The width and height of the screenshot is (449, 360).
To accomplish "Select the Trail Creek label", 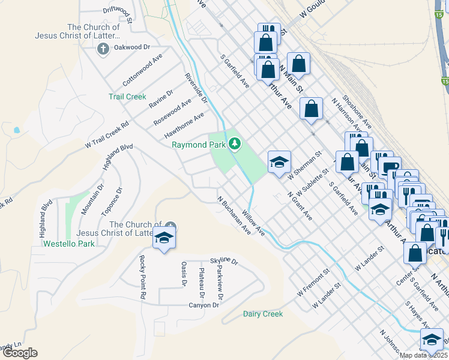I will (x=127, y=97).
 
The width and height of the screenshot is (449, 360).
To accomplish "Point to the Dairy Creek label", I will (x=263, y=314).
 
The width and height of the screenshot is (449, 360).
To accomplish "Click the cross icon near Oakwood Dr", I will (x=103, y=48).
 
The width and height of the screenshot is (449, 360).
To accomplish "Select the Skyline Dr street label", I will (x=224, y=262).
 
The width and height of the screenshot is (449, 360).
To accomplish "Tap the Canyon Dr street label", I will (x=204, y=305).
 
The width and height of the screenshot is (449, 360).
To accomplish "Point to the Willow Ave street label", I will (x=253, y=222).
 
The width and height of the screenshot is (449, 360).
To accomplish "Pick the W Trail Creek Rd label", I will (x=107, y=135).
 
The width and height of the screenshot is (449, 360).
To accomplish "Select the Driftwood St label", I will (x=117, y=10).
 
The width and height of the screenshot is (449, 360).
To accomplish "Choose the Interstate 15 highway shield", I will (x=445, y=80).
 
